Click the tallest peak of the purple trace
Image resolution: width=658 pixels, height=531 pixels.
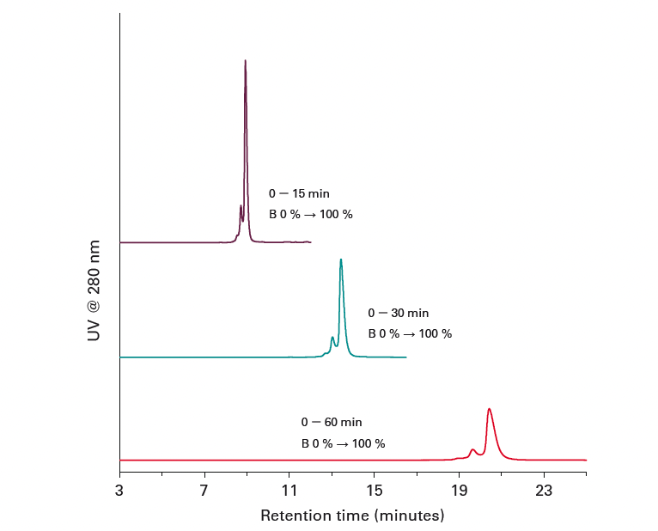(x=246, y=61)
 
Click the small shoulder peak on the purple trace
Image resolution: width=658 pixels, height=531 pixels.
(x=241, y=206)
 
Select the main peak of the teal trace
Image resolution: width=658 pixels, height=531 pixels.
(x=341, y=259)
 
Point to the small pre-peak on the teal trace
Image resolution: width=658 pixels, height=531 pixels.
(x=332, y=338)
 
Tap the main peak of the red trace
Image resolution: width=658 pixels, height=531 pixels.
(x=489, y=409)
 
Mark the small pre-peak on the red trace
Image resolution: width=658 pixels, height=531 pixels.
(x=472, y=449)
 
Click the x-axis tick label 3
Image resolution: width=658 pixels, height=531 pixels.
(x=119, y=491)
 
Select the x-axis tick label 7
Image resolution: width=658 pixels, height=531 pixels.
(x=204, y=491)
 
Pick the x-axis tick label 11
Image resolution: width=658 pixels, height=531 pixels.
(x=289, y=491)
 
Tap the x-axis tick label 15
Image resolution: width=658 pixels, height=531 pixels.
(x=375, y=491)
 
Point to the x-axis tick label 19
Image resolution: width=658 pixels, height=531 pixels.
(x=459, y=491)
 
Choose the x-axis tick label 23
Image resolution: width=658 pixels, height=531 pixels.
(x=544, y=491)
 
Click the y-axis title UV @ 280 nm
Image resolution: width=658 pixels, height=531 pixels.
(x=94, y=290)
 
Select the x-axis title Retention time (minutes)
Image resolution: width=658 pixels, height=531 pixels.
(x=352, y=516)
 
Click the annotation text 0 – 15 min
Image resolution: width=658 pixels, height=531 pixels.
(x=299, y=194)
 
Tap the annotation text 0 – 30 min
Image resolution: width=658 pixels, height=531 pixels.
(x=399, y=314)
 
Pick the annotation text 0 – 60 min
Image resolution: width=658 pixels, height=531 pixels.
(x=332, y=423)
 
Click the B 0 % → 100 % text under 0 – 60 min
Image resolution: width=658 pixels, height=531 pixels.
(x=343, y=444)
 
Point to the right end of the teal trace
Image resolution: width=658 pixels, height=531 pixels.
(x=405, y=357)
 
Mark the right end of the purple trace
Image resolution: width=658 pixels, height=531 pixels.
(x=310, y=242)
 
